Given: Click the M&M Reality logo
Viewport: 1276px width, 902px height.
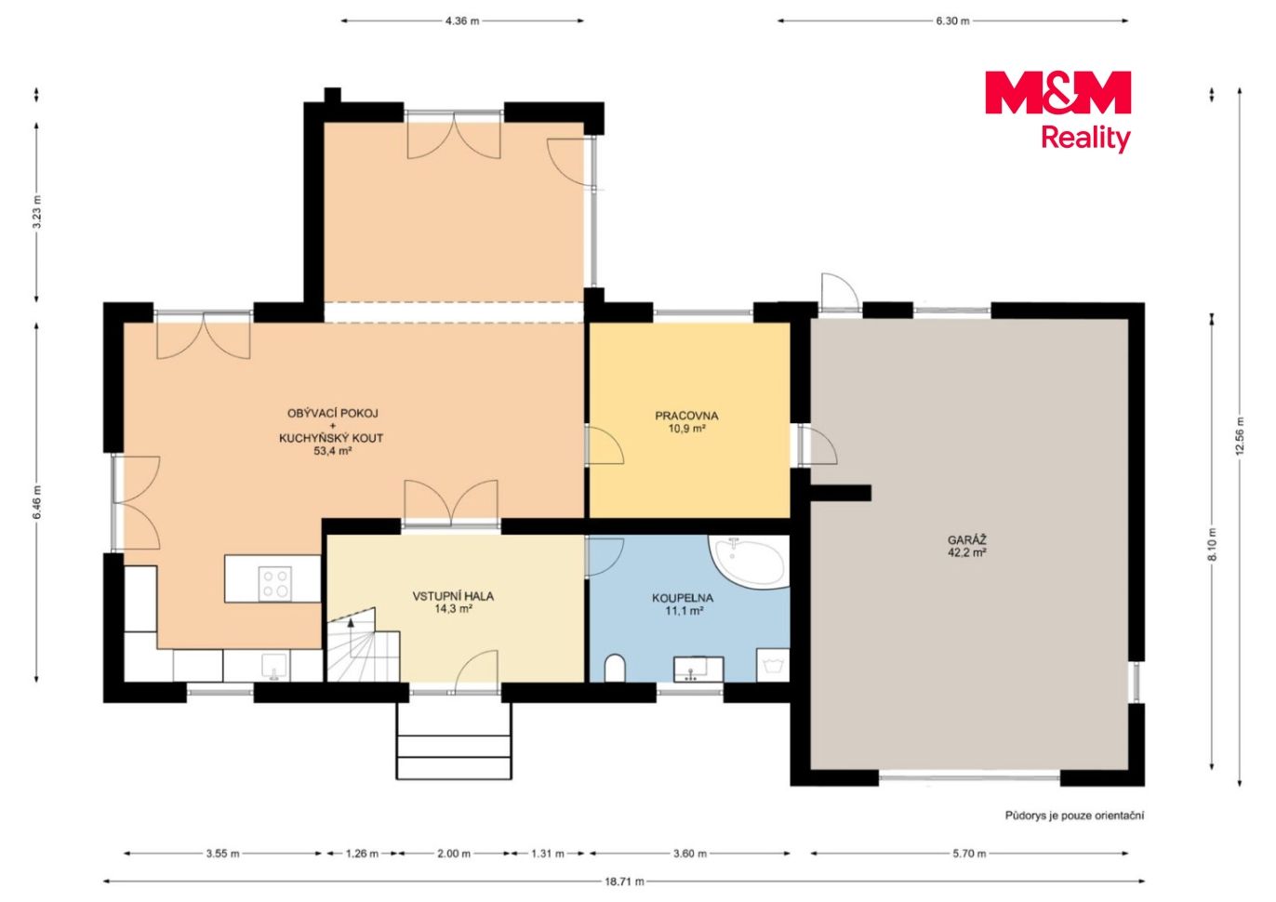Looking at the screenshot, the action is [1057, 111].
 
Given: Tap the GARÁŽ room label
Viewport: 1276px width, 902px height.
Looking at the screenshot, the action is [966, 539].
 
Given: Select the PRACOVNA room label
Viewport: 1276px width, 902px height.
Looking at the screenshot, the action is [686, 416].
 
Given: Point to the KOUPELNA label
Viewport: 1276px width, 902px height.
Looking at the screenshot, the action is [683, 598].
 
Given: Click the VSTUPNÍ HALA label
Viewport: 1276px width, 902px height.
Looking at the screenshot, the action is [453, 596].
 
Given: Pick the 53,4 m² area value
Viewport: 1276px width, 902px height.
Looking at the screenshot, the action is [332, 451].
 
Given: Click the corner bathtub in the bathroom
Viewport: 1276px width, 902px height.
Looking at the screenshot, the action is [749, 562].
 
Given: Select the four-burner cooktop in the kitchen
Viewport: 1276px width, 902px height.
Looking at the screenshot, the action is [274, 584].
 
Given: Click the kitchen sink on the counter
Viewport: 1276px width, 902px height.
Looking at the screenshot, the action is [274, 666].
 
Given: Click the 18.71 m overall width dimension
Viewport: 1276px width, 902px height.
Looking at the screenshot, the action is [624, 882].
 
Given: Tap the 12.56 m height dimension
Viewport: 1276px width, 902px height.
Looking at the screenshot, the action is [1240, 436].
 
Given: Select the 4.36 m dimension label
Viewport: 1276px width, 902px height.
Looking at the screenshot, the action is [462, 21].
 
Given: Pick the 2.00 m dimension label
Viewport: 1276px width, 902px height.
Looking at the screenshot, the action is [454, 854].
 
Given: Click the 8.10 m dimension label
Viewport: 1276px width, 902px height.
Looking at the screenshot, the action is [1212, 545].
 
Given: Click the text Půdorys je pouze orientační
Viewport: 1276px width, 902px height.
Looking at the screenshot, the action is [1074, 816].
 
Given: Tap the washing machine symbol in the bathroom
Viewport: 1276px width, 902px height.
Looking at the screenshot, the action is [773, 665].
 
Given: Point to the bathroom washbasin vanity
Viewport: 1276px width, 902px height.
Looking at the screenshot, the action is [698, 669].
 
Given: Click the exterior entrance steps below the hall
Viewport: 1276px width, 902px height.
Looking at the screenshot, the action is [454, 739].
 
